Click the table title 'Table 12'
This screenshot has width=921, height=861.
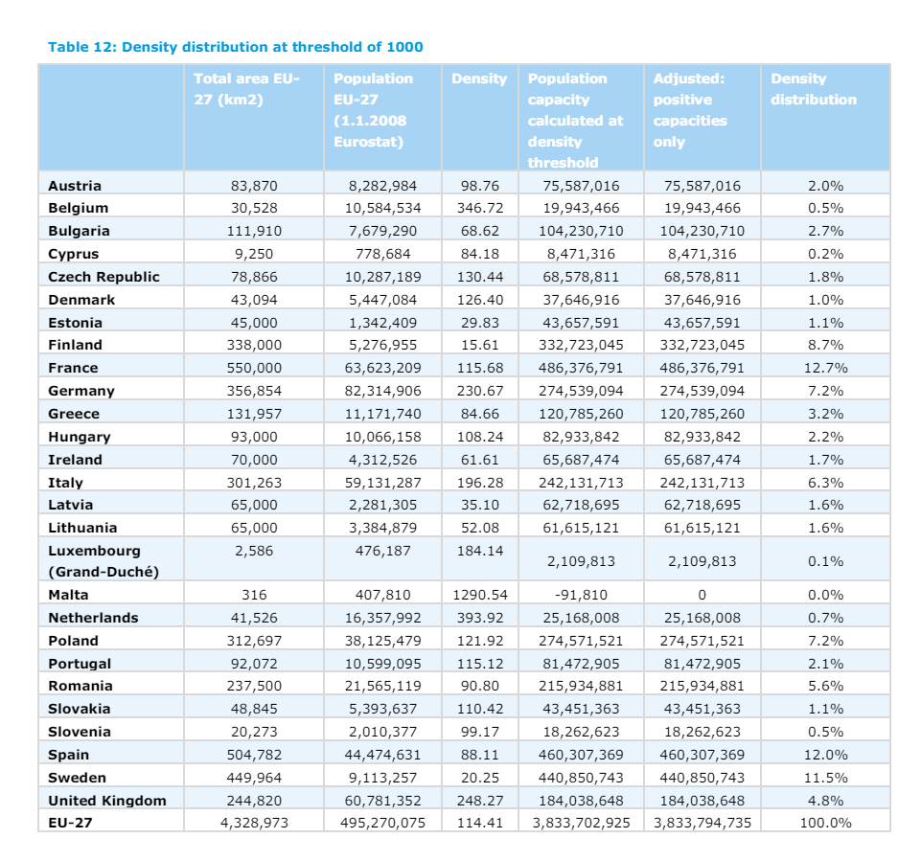pos(235,46)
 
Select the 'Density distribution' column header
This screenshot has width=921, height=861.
pos(813,89)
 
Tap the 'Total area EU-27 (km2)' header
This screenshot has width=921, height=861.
pos(246,89)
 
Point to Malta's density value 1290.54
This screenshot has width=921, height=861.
pos(478,595)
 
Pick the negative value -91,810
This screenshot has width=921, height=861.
pos(581,595)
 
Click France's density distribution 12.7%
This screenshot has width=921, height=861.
pos(825,368)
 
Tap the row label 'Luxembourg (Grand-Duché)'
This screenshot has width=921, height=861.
pos(103,561)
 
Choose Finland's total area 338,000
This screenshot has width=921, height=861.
pos(254,345)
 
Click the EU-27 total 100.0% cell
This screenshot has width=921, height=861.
pos(825,823)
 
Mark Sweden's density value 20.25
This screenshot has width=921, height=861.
pos(478,778)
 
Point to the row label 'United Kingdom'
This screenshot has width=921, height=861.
pos(106,801)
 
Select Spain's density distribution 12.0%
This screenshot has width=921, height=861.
pos(825,755)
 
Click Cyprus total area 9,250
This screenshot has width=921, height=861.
pos(254,254)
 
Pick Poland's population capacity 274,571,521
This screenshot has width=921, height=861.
pos(581,641)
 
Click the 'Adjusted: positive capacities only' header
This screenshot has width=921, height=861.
pos(690,110)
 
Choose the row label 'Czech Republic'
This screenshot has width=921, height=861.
pos(104,277)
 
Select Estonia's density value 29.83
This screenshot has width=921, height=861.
pos(478,323)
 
